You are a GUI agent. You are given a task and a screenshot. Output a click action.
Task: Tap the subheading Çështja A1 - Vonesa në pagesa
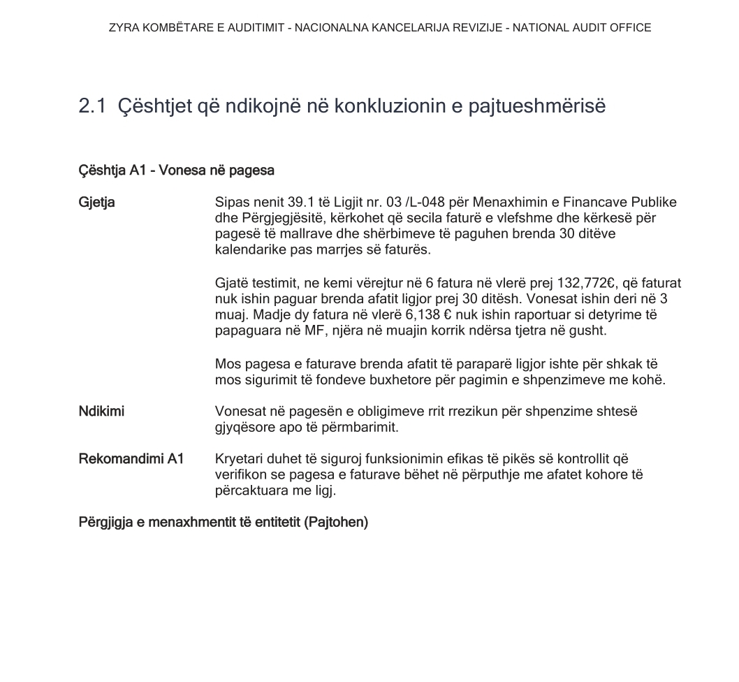click(x=176, y=170)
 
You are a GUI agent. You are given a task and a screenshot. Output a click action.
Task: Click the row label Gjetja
click(x=96, y=203)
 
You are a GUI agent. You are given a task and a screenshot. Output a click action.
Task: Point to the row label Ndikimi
click(x=101, y=412)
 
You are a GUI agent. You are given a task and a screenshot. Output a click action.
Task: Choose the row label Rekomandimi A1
click(x=131, y=459)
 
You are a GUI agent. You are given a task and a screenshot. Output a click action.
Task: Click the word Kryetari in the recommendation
click(x=239, y=459)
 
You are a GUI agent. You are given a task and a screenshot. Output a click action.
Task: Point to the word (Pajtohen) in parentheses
click(x=336, y=523)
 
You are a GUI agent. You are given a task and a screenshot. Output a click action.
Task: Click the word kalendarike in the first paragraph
click(x=248, y=249)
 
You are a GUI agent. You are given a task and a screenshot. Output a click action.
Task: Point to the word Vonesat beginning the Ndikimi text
click(x=239, y=412)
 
